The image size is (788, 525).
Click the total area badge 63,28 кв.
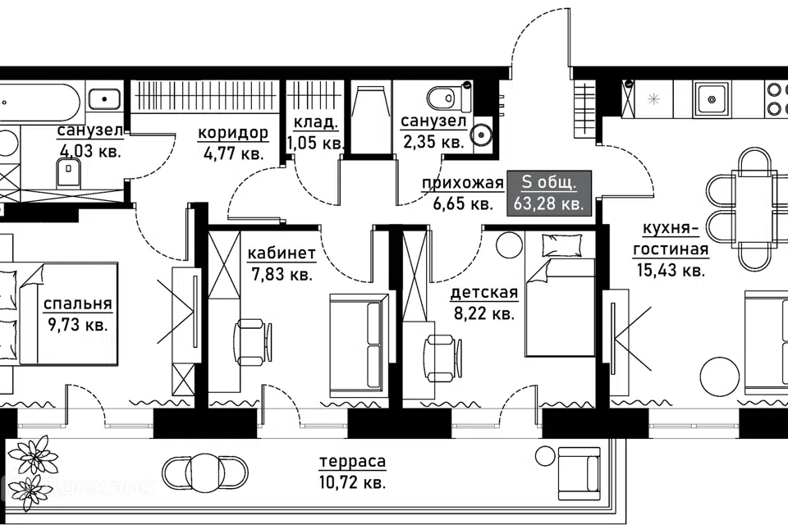click(x=549, y=194)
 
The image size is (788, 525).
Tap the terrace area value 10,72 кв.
click(x=352, y=483)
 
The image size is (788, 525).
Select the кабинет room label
click(x=282, y=253)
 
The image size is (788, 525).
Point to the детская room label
click(x=484, y=292)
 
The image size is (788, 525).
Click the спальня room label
click(x=77, y=304)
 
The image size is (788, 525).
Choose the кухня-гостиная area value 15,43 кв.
click(x=671, y=270)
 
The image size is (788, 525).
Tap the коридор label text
click(x=232, y=133)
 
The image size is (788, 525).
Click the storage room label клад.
click(x=315, y=122)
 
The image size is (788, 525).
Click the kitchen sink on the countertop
click(x=711, y=99)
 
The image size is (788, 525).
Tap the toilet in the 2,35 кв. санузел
click(x=448, y=97)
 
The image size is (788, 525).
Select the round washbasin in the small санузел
click(x=482, y=135)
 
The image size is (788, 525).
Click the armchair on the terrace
click(x=579, y=473)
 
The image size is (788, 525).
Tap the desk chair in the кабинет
click(x=252, y=342)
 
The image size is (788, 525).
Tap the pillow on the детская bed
click(x=561, y=244)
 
